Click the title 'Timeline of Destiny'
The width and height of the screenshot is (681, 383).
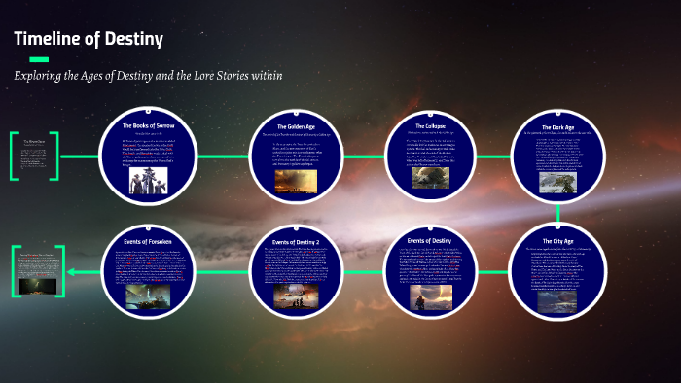pyautogui.click(x=88, y=40)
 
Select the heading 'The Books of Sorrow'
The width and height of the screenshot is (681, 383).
pyautogui.click(x=148, y=126)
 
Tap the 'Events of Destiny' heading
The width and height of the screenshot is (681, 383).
pyautogui.click(x=430, y=240)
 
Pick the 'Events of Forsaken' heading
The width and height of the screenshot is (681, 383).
pyautogui.click(x=148, y=240)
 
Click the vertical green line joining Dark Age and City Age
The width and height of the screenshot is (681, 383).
pyautogui.click(x=558, y=214)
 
